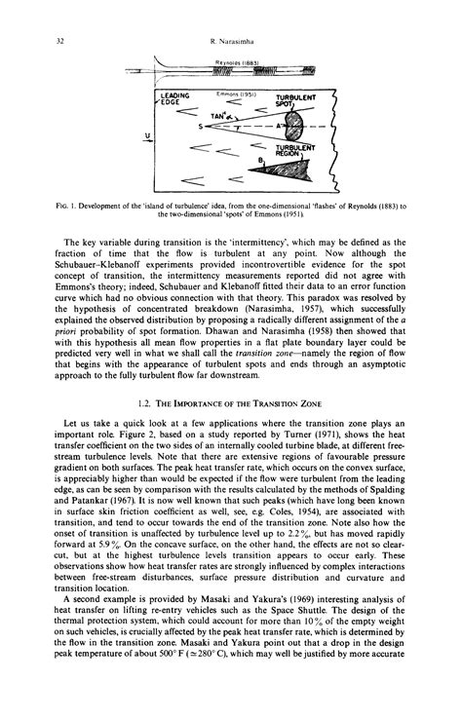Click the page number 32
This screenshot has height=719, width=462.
click(x=35, y=40)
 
